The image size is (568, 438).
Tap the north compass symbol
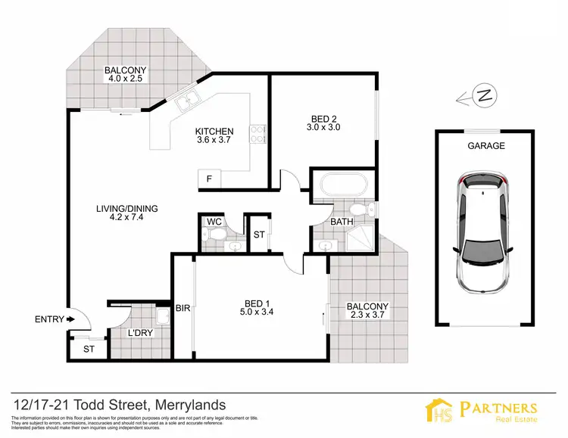coord(482,96)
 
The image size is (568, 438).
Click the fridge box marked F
coord(209,179)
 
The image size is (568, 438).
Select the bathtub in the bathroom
coord(342,185)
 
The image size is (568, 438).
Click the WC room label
coord(213,222)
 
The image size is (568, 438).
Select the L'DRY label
coord(139,333)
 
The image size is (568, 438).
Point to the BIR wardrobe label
coord(183,308)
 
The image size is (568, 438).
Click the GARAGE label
coord(485,146)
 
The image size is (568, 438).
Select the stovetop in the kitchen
coord(258,133)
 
